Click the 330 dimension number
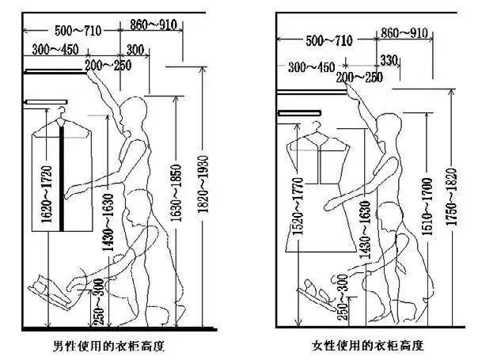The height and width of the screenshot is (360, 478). (x=389, y=60)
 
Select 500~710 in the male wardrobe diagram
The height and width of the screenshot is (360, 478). (x=78, y=31)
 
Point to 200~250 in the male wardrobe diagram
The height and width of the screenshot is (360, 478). (x=109, y=64)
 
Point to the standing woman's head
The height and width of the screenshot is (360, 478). (x=389, y=127)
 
